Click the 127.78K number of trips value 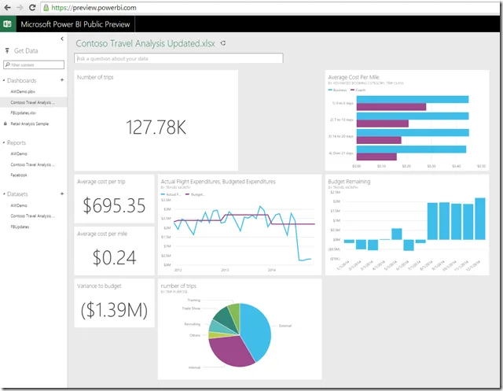coord(156,127)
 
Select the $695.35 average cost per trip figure coord(114,205)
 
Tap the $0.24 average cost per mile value coord(114,256)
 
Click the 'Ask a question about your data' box coord(178,58)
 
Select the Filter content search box coord(36,65)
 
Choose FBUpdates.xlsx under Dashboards coord(24,113)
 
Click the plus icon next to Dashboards coord(62,80)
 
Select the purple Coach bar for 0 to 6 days coord(391,107)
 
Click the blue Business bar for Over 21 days coord(410,149)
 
